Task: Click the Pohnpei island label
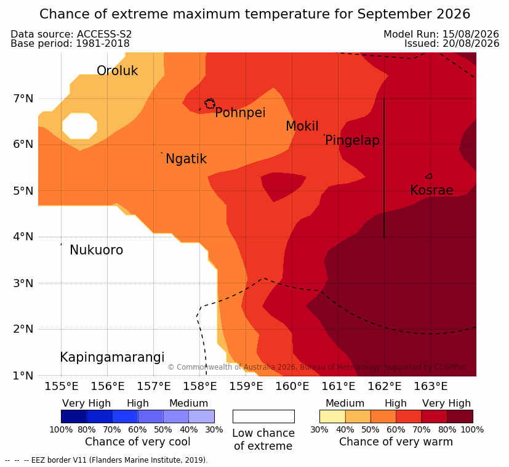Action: (x=240, y=113)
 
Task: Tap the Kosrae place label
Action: (x=431, y=190)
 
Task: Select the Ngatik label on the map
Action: (x=186, y=159)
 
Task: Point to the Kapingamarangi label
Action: (x=112, y=357)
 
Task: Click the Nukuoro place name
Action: (x=97, y=250)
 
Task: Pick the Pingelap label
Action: (x=352, y=140)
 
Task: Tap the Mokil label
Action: (x=302, y=126)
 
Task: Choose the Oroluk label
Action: (x=117, y=70)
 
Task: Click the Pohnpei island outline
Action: (x=210, y=104)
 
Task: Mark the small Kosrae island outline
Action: (x=429, y=176)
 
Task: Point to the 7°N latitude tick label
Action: (x=23, y=99)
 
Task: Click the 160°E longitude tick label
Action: (x=292, y=386)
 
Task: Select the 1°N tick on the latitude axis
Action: (x=23, y=376)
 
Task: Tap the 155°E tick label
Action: (x=62, y=386)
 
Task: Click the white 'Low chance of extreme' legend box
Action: (x=263, y=416)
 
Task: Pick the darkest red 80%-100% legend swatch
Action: (x=460, y=416)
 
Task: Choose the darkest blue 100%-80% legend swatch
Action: (x=74, y=416)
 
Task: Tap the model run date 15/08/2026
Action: (x=471, y=34)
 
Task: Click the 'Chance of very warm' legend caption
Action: (x=396, y=442)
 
